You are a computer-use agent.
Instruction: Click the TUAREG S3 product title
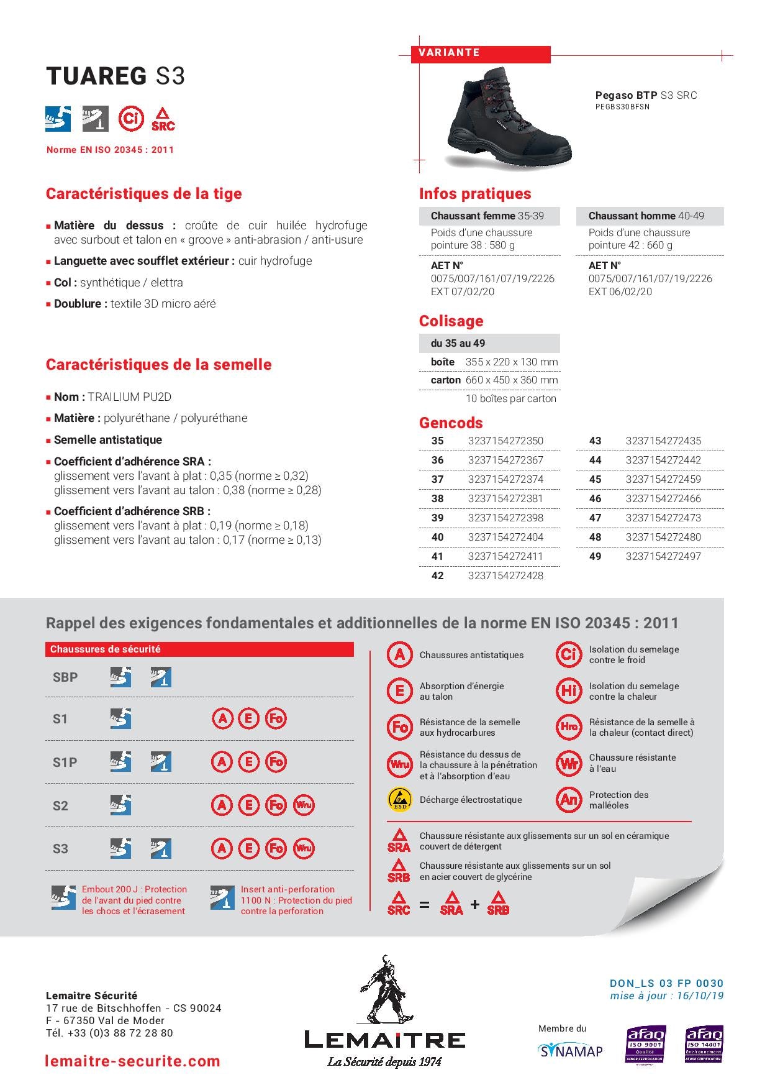(115, 76)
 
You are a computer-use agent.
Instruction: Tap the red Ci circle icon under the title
(131, 118)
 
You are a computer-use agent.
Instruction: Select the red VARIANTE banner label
(449, 53)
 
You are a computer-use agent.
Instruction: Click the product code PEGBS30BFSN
(622, 107)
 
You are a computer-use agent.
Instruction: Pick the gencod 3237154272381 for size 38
(505, 498)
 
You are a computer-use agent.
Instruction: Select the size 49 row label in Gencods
(595, 556)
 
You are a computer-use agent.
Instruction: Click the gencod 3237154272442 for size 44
(663, 460)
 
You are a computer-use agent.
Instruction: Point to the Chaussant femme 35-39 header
(487, 216)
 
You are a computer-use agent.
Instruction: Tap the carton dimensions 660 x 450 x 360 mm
(512, 380)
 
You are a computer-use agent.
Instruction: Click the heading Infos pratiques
(475, 194)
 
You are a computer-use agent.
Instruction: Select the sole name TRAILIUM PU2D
(129, 397)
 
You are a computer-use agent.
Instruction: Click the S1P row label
(65, 763)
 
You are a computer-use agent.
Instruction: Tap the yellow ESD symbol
(399, 800)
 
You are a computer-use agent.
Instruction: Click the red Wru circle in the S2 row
(304, 805)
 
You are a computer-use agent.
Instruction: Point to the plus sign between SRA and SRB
(475, 905)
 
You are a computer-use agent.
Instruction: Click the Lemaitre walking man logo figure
(384, 991)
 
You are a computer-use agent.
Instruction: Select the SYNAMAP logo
(570, 1051)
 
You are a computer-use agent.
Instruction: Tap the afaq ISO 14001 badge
(704, 1044)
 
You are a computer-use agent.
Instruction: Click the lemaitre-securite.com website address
(133, 1061)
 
